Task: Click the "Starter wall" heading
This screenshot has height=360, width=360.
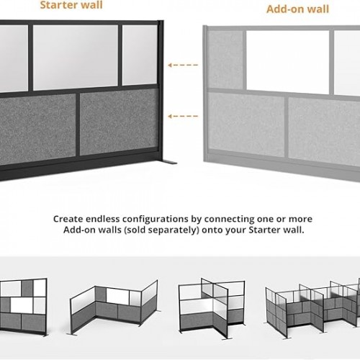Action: [x=71, y=5]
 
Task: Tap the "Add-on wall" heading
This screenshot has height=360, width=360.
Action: [x=297, y=9]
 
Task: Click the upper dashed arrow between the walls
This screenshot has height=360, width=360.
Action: [x=183, y=65]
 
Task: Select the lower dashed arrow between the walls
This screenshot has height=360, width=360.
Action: [x=183, y=116]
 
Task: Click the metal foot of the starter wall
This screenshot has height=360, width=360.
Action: [x=169, y=162]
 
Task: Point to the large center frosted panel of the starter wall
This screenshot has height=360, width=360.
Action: [x=76, y=58]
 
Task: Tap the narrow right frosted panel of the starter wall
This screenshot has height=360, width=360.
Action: [x=140, y=55]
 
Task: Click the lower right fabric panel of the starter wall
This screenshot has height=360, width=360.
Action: [x=120, y=122]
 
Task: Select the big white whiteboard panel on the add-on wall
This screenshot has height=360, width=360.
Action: [x=288, y=63]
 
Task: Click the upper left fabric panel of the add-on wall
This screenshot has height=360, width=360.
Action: [x=225, y=60]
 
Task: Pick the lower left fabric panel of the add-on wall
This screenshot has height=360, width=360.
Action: [x=246, y=125]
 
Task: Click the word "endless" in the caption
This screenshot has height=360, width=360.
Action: [x=103, y=219]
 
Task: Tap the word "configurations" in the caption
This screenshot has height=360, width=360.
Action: [x=156, y=220]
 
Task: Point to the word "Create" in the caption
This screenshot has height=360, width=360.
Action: [x=68, y=219]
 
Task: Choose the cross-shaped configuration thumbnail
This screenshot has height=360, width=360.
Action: [x=212, y=308]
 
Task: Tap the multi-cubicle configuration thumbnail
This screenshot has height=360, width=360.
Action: [x=312, y=307]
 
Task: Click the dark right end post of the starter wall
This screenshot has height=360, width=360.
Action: [x=161, y=90]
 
